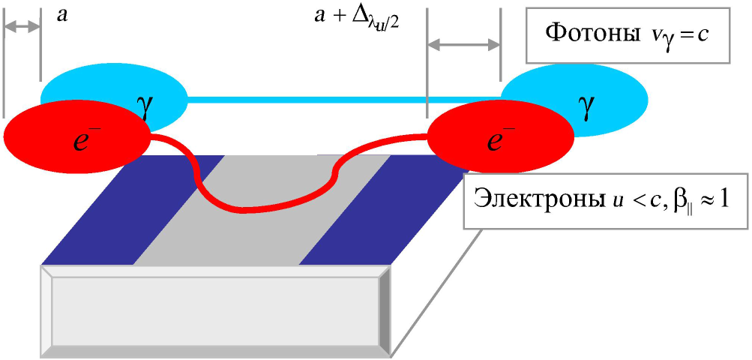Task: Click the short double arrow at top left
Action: pos(22,28)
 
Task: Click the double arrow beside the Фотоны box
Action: pos(463,45)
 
